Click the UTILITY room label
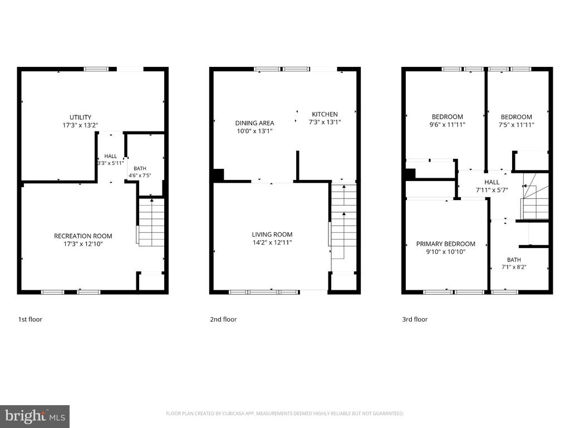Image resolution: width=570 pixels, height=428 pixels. tap(80, 117)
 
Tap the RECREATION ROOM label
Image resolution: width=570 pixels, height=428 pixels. tap(83, 236)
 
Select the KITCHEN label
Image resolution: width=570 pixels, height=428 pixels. tap(325, 114)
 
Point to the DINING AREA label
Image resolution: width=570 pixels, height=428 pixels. tap(254, 123)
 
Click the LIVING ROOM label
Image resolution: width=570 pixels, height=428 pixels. tap(272, 235)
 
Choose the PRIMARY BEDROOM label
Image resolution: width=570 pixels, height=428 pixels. tap(446, 244)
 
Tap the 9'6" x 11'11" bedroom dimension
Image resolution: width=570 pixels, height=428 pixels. tap(448, 124)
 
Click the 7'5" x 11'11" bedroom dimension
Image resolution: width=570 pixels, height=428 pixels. tap(516, 125)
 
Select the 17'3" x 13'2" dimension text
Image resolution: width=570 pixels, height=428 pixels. tap(80, 125)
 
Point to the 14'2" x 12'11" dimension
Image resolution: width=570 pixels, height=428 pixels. tap(272, 242)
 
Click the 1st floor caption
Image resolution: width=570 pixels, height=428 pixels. tap(30, 319)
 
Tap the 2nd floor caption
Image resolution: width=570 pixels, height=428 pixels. tap(223, 319)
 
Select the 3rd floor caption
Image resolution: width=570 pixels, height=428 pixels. tap(415, 319)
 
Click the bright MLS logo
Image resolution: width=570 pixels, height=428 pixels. tap(35, 416)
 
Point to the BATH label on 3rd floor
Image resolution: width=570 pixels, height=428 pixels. tap(514, 260)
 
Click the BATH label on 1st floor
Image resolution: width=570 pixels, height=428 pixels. tap(140, 168)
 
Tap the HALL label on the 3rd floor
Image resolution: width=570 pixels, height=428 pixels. tap(492, 182)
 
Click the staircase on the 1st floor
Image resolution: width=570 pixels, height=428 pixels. tap(151, 222)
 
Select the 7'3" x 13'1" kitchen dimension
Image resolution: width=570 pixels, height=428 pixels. tap(325, 122)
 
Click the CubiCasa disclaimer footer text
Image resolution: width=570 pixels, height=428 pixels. tap(284, 414)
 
